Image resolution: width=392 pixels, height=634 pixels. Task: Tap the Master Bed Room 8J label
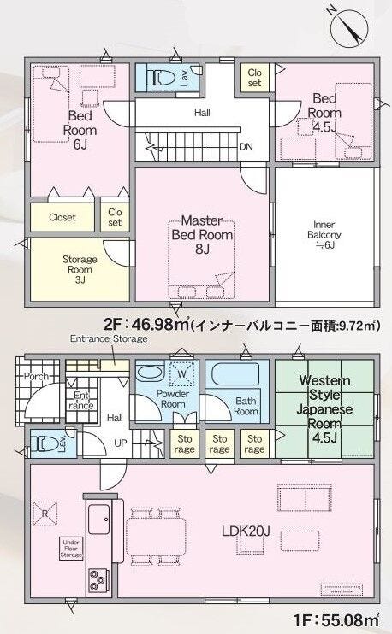coord(202,234)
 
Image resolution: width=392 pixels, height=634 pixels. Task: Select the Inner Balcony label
coord(324,234)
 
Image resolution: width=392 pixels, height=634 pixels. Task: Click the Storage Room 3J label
coord(80,269)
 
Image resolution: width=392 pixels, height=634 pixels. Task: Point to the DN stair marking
coord(246,146)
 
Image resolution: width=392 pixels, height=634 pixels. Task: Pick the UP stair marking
coord(121,443)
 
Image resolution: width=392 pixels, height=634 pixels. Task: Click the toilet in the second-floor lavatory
coord(161,77)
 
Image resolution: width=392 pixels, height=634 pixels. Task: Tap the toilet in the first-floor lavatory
coord(45,444)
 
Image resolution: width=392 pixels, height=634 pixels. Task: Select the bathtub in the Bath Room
coord(235,374)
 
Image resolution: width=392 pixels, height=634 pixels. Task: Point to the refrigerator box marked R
coord(45,514)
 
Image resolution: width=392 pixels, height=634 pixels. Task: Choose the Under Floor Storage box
coord(71,549)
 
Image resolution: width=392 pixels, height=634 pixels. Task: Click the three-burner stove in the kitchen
coord(98,581)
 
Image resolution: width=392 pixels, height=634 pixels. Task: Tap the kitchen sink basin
coord(98,520)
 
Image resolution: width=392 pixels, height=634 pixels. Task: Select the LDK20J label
coord(246,531)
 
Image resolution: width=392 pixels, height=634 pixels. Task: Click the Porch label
coord(36,376)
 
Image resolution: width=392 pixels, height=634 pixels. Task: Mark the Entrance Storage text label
coord(109,338)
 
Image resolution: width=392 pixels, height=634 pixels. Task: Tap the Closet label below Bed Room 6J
coord(62,217)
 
